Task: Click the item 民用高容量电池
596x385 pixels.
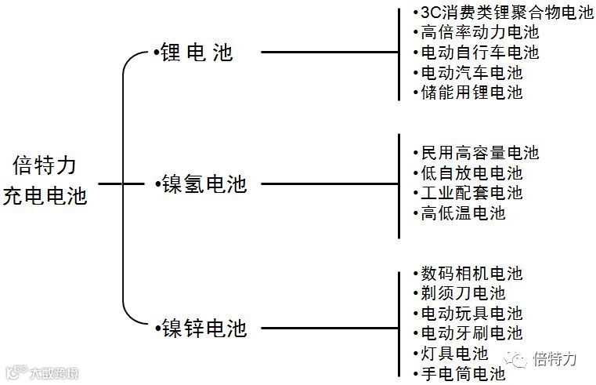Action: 479,153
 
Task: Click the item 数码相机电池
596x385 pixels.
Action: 471,274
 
